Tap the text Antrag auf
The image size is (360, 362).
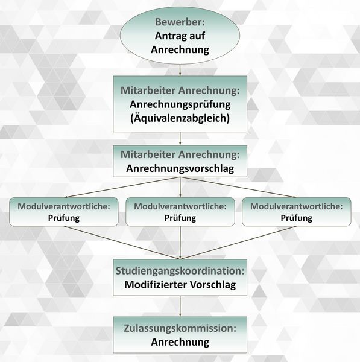(x=180, y=36)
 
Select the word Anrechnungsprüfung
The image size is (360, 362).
(x=180, y=104)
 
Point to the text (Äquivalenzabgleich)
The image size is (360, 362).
(x=180, y=118)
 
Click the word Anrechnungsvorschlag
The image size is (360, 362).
(x=180, y=168)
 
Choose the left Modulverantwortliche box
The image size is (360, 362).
(x=64, y=212)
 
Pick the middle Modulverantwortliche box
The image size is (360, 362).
(x=180, y=212)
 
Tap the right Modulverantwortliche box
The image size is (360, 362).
(x=297, y=212)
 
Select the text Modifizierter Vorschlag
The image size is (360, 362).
(x=180, y=284)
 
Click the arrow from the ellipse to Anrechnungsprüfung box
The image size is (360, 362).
(x=180, y=70)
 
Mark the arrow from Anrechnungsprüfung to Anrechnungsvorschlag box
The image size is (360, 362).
(x=180, y=139)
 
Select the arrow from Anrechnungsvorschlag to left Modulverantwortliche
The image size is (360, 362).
(x=122, y=188)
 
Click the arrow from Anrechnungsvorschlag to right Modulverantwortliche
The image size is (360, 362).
(x=238, y=188)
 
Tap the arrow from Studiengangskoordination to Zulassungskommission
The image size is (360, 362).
(x=180, y=306)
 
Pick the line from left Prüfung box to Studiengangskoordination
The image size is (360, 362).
(x=122, y=243)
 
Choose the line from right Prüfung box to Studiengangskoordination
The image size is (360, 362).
(x=238, y=243)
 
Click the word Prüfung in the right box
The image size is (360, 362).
(x=297, y=218)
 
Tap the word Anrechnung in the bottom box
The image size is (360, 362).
(x=180, y=342)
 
